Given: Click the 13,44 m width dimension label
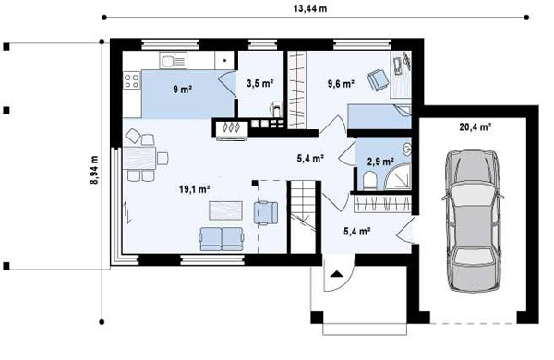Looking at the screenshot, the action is (x=310, y=8).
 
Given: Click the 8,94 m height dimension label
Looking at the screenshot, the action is (x=94, y=170).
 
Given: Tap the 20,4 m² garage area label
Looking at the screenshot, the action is (x=476, y=126).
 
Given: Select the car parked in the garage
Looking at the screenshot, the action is (x=473, y=221).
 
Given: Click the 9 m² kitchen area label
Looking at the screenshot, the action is (x=182, y=89).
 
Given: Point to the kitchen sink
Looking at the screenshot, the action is (x=174, y=60).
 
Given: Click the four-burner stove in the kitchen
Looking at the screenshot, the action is (x=132, y=80).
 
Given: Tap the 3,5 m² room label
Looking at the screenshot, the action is (x=259, y=83).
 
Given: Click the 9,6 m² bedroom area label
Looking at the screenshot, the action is (x=341, y=84).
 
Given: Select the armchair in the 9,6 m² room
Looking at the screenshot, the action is (x=378, y=79).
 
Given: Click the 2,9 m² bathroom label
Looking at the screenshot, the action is (x=380, y=162).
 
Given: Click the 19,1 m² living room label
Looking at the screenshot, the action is (x=195, y=189).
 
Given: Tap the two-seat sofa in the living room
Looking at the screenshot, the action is (x=222, y=239).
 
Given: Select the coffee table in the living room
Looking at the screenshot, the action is (x=225, y=210).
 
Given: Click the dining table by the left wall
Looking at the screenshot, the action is (x=139, y=158).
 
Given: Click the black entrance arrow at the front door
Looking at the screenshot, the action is (x=336, y=273).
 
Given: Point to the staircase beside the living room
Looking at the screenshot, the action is (x=303, y=217).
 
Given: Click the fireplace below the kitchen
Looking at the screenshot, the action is (x=231, y=127).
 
